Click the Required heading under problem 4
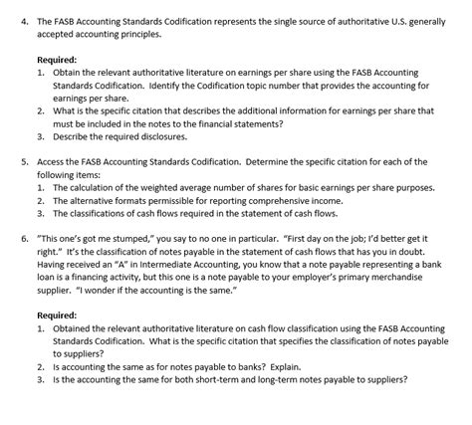click(57, 60)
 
